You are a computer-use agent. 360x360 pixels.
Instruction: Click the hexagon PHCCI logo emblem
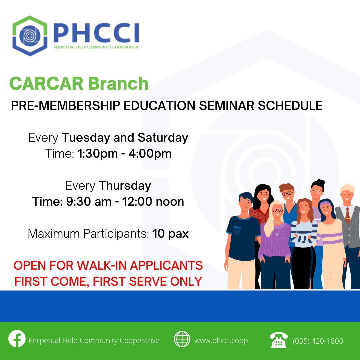[30, 36]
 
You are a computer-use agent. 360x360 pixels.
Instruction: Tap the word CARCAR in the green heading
[46, 84]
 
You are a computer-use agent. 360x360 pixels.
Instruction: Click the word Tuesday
[86, 138]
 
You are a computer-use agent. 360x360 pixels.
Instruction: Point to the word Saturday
[163, 138]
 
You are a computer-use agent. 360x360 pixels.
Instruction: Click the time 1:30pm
[97, 154]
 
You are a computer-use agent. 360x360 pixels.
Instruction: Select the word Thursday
[125, 186]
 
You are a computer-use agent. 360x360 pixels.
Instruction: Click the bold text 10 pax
[170, 234]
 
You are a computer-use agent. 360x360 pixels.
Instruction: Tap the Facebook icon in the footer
[17, 339]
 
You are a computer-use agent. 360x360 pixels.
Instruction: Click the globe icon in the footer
[182, 339]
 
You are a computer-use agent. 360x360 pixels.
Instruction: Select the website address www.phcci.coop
[221, 340]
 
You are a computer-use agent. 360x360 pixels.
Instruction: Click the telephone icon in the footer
[278, 340]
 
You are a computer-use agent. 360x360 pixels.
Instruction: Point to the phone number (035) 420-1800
[318, 341]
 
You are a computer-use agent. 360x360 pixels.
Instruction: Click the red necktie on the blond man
[348, 215]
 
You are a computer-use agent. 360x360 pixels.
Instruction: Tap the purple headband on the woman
[325, 204]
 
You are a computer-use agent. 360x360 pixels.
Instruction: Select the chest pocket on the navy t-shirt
[237, 230]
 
